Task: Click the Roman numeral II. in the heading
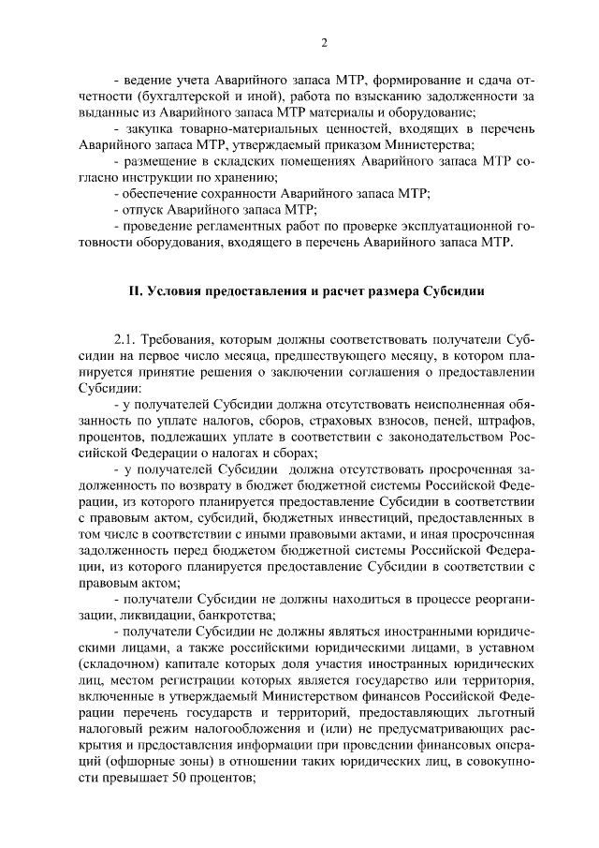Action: coord(137,290)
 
